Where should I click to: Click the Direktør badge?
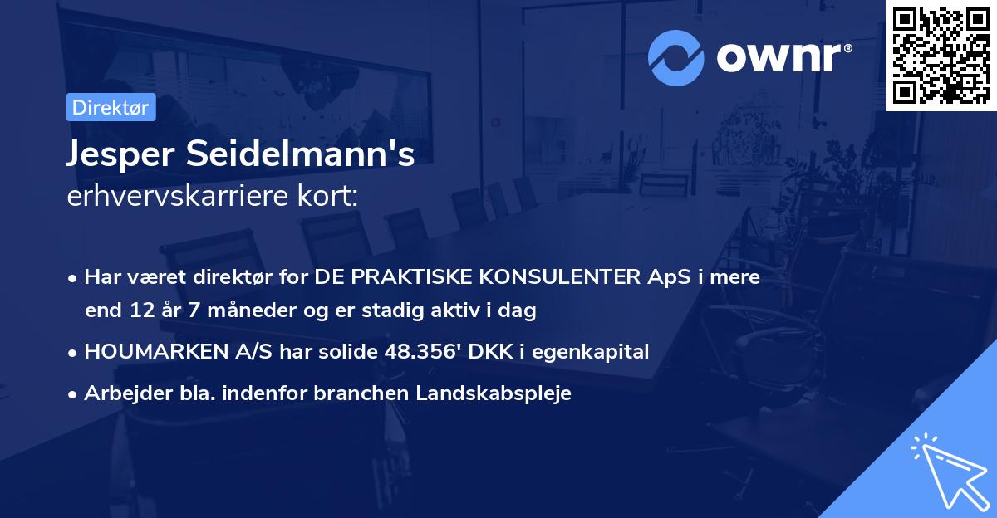coord(111,108)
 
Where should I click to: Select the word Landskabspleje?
coord(503,393)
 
